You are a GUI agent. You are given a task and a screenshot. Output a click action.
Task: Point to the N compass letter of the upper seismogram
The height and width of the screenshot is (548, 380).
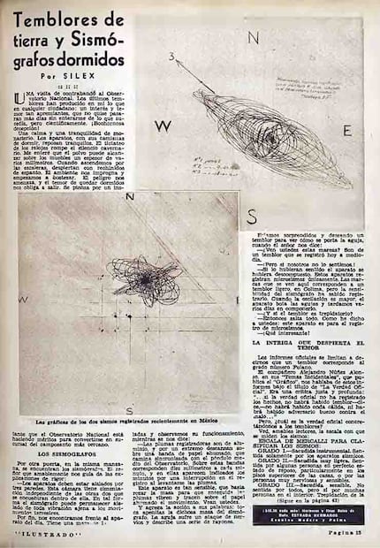pos(254,38)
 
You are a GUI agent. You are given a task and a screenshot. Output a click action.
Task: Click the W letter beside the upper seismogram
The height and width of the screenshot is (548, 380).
pos(162,126)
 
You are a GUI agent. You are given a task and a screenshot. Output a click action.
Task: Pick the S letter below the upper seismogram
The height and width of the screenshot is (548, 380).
pos(252,217)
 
